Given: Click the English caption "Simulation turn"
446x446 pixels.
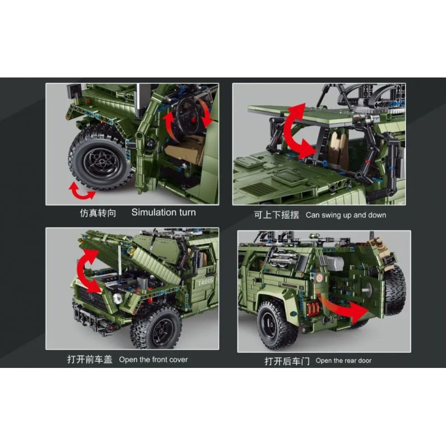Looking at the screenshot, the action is pyautogui.click(x=163, y=212).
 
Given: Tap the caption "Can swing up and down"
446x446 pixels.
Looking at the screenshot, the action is pyautogui.click(x=346, y=215).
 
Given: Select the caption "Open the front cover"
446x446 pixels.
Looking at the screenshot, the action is pyautogui.click(x=153, y=360).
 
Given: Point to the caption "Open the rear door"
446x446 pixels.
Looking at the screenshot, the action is pyautogui.click(x=343, y=361).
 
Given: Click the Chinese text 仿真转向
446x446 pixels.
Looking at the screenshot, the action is pyautogui.click(x=98, y=213).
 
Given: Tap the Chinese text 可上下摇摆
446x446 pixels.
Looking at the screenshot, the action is pyautogui.click(x=277, y=215).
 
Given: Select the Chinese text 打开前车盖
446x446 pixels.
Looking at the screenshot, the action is pyautogui.click(x=90, y=360).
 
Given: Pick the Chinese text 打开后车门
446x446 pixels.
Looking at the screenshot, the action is pyautogui.click(x=287, y=361).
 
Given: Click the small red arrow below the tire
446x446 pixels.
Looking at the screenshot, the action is pyautogui.click(x=82, y=191).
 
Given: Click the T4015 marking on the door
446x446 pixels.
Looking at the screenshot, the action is pyautogui.click(x=205, y=282).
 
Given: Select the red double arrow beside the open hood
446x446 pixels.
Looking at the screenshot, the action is pyautogui.click(x=89, y=271).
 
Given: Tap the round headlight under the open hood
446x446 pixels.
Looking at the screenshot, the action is pyautogui.click(x=117, y=298).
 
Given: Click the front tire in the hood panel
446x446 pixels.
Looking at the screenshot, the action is pyautogui.click(x=156, y=328).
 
